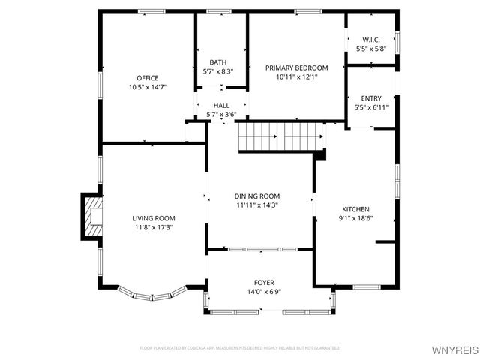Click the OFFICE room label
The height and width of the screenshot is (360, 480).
pos(147,78)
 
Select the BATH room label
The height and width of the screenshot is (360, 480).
pos(218,62)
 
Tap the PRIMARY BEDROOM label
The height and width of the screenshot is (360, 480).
pos(297,67)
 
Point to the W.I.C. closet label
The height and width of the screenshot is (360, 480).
pos(371,40)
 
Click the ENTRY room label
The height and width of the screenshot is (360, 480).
pos(371,98)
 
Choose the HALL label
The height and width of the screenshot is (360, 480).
pos(221,106)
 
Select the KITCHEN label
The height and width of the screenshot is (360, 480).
pos(356,209)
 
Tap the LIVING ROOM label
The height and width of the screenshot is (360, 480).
pos(154,218)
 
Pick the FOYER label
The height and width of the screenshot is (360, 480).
pos(263,282)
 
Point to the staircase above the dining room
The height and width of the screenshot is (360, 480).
pos(281,137)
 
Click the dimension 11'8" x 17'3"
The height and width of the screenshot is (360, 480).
pos(154,227)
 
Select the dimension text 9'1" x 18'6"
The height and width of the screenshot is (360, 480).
pos(356,218)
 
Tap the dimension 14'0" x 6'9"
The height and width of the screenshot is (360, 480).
pos(263,291)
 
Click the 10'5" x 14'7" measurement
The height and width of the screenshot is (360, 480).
pos(147,87)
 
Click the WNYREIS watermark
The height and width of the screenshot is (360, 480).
pos(453,350)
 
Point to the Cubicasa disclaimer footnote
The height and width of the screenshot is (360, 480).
pos(240,348)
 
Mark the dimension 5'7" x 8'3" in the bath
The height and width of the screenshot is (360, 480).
pos(218,71)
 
